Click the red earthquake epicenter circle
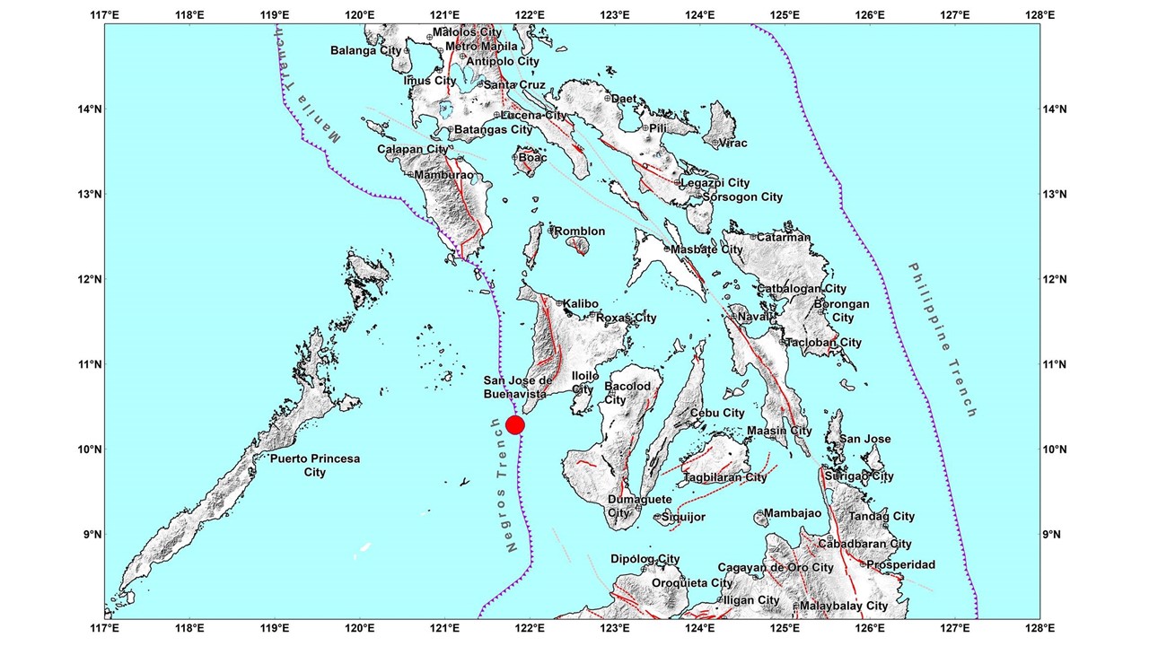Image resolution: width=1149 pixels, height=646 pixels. (515, 424)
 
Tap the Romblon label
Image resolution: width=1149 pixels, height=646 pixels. (580, 231)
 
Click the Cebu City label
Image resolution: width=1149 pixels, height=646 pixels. (717, 413)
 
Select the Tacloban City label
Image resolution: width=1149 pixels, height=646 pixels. (824, 342)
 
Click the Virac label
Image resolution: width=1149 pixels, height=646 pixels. (732, 143)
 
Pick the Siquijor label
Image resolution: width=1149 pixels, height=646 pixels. (685, 517)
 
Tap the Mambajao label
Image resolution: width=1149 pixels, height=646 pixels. (794, 514)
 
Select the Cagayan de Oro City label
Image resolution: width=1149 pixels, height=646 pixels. (776, 567)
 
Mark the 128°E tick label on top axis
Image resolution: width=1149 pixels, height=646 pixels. (1039, 13)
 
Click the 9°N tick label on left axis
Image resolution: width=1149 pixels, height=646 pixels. (91, 535)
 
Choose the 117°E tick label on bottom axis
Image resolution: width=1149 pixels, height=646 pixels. (105, 629)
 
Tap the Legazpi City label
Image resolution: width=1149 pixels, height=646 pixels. (715, 183)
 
